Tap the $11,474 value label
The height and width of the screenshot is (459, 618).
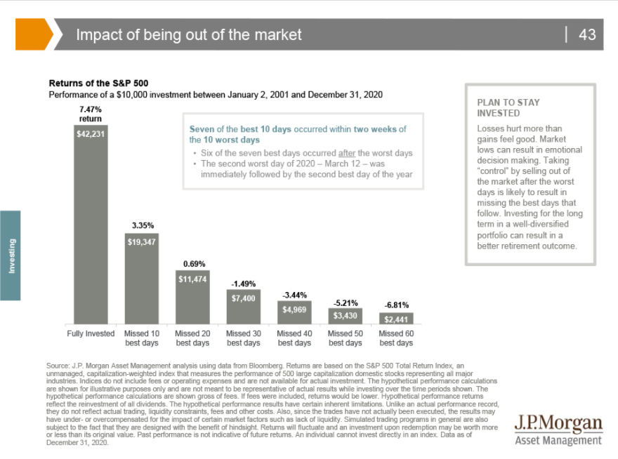click(x=192, y=279)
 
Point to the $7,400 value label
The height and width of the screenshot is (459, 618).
click(x=244, y=298)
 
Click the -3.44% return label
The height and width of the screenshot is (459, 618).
click(x=294, y=295)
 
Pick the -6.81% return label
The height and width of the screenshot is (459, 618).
click(x=397, y=305)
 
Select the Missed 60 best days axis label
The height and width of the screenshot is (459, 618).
click(x=396, y=338)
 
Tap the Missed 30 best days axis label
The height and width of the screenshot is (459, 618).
click(x=244, y=338)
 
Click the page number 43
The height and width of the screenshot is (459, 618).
click(x=587, y=34)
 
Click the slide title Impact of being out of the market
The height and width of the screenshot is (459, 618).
click(x=189, y=34)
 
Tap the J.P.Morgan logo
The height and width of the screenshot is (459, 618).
click(x=558, y=429)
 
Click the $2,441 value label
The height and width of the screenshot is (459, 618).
click(x=397, y=319)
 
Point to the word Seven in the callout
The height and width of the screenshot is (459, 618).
click(x=204, y=129)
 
